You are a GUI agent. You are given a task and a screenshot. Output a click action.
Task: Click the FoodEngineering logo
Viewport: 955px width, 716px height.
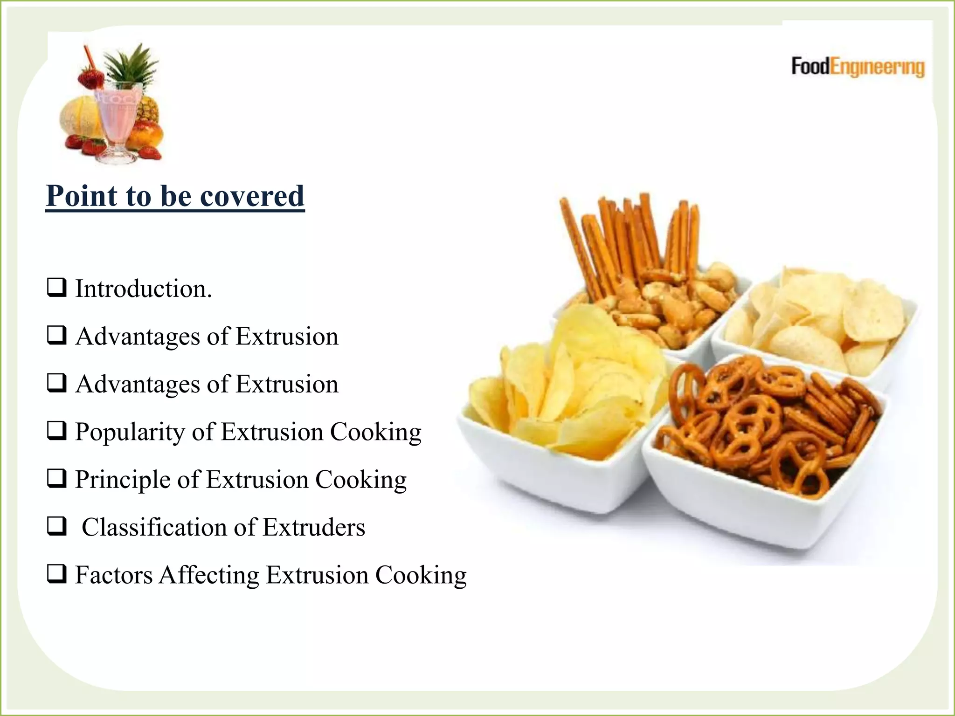point(858,67)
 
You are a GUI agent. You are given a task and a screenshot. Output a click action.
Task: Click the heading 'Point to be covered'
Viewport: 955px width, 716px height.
point(175,196)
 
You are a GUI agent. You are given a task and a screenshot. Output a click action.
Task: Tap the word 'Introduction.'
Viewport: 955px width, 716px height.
point(144,289)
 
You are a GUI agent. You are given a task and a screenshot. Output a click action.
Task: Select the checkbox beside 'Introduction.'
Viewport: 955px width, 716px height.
point(56,288)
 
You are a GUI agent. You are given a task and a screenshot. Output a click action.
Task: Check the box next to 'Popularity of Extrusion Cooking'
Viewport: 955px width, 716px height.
point(56,431)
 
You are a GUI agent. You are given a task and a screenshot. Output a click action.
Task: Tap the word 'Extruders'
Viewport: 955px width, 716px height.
point(314,528)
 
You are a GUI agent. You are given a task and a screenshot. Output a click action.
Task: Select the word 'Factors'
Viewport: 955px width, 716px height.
point(114,575)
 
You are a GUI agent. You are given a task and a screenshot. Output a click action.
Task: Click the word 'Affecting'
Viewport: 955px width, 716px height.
point(209,575)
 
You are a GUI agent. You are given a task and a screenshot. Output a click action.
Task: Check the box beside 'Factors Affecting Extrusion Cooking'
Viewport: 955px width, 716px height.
point(56,574)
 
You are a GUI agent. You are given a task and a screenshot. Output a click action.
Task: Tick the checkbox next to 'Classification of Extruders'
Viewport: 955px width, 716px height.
point(56,526)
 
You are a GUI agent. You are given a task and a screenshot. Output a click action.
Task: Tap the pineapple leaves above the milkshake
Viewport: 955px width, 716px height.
point(131,63)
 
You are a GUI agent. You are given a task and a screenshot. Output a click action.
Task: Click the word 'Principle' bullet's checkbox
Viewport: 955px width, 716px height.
point(56,478)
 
